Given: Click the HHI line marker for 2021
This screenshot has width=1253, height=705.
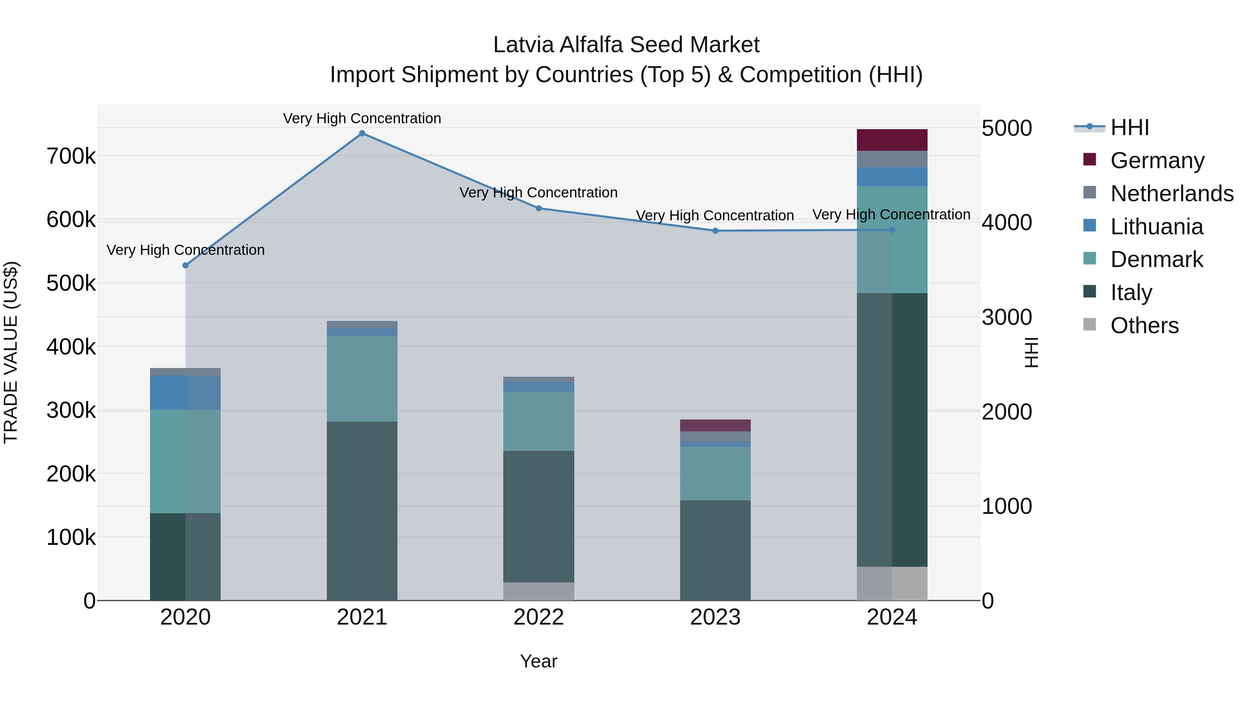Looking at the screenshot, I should [362, 133].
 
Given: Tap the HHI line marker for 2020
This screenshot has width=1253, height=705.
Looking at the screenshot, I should [185, 265].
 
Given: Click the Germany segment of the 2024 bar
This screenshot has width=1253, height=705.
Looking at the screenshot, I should [892, 140].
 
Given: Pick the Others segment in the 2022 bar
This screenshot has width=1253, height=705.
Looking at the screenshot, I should [538, 591].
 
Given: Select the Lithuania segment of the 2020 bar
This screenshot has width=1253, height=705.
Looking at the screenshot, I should [185, 393].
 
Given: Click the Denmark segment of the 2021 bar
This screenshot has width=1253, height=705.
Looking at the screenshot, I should [362, 378].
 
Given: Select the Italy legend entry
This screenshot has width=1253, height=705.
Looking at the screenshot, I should [1131, 292].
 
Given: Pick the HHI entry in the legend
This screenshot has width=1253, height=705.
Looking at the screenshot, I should [1129, 127].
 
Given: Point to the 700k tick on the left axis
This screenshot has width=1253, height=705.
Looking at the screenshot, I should [71, 157].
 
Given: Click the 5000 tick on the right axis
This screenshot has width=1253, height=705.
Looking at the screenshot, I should [1006, 128].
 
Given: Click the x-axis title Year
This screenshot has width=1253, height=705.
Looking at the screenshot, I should [538, 661].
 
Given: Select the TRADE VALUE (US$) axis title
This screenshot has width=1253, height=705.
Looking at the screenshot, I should [11, 352].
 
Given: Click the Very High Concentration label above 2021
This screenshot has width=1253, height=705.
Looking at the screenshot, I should [362, 118].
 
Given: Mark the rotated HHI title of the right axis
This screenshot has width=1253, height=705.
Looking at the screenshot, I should [1031, 352].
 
